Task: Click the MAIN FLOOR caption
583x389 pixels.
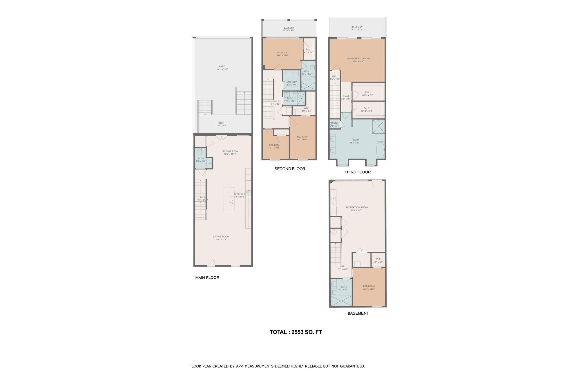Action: [x=207, y=277]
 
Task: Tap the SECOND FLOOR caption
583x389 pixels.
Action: [x=290, y=169]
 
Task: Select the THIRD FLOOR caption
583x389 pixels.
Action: [x=357, y=172]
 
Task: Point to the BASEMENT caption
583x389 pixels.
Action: [x=358, y=313]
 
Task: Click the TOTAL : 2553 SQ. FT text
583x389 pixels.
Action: [x=296, y=332]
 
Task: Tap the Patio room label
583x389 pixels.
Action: [x=222, y=68]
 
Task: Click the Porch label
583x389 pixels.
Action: [x=222, y=124]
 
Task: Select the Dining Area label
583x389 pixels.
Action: [x=230, y=152]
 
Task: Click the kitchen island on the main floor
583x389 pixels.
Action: [x=229, y=199]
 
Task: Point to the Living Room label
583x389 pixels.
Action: [x=221, y=238]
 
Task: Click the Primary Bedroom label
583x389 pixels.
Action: [x=358, y=60]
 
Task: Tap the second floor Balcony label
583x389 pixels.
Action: [x=289, y=29]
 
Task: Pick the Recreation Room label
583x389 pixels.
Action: [x=356, y=209]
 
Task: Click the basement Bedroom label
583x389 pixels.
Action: [x=369, y=287]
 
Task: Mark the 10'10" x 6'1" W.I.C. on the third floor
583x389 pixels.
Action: [x=367, y=94]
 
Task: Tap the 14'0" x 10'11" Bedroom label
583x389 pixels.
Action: [x=282, y=54]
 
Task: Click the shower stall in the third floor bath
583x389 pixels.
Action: [x=379, y=126]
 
